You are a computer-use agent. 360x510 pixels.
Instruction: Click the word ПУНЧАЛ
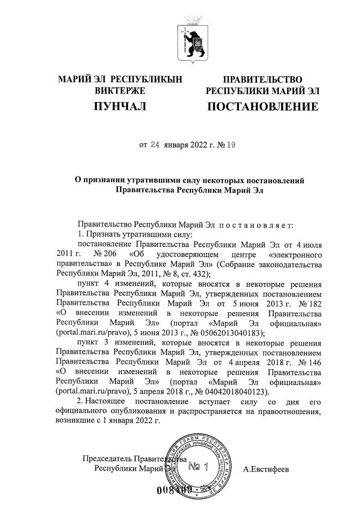(119, 106)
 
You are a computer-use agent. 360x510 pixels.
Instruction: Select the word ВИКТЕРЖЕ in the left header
(120, 91)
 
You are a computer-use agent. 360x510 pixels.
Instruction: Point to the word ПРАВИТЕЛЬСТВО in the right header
(263, 79)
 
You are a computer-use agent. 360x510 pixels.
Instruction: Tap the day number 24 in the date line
(156, 145)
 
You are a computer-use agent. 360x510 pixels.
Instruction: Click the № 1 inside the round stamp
(199, 467)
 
